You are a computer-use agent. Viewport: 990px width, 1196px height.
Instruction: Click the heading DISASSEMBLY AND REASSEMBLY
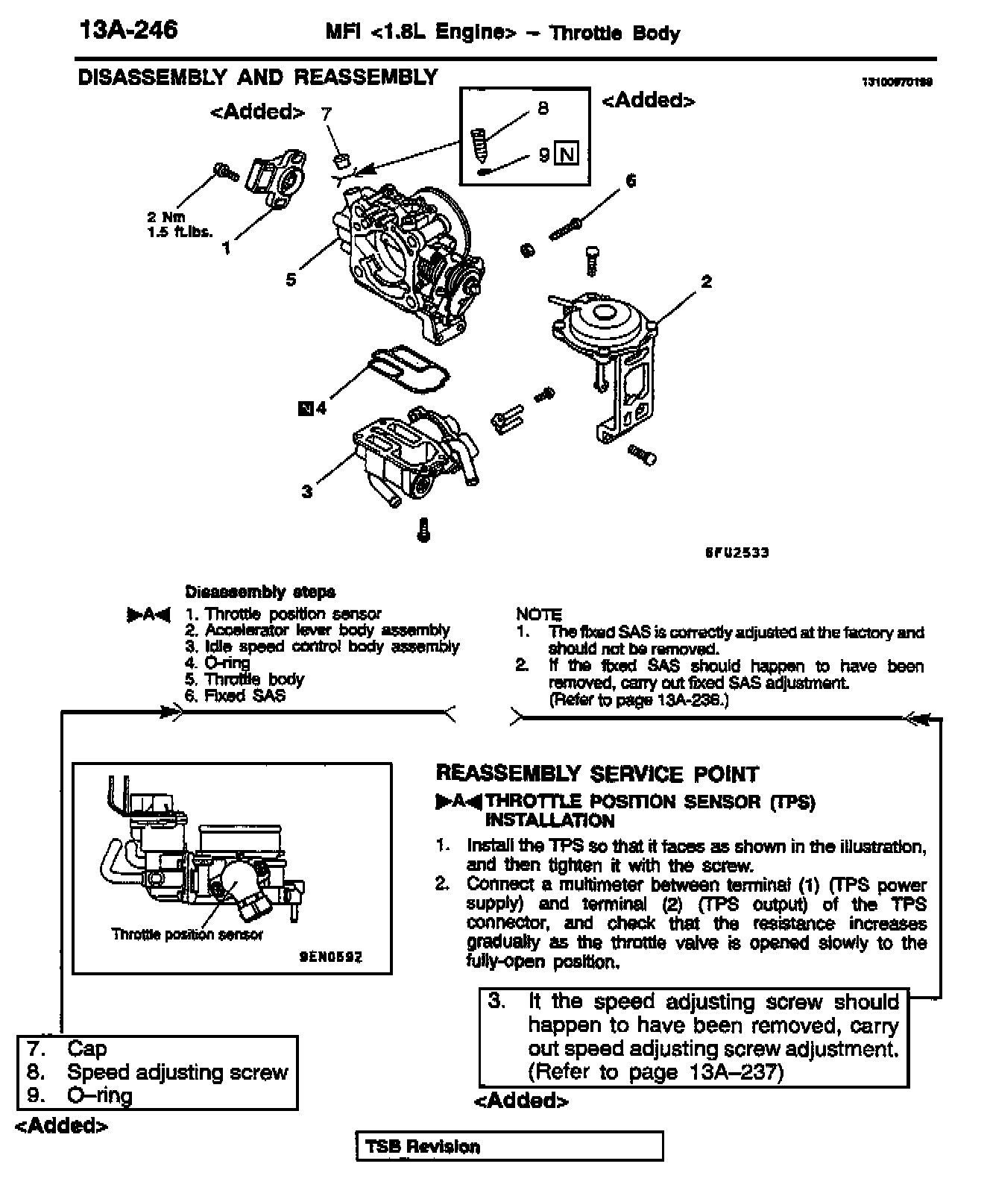[258, 78]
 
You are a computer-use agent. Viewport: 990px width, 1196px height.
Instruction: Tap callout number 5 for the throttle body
[291, 280]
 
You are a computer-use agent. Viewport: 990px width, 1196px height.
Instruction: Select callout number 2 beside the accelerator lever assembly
[706, 281]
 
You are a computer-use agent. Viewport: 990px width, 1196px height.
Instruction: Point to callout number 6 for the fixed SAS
[631, 181]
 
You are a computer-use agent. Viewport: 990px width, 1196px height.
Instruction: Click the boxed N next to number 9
[568, 154]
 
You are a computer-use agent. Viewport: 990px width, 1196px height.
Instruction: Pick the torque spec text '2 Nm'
[165, 217]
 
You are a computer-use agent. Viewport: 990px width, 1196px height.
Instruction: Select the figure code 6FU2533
[737, 553]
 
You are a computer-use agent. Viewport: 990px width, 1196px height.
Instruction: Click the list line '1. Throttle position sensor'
[283, 614]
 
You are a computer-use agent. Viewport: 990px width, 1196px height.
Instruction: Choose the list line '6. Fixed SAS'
[236, 696]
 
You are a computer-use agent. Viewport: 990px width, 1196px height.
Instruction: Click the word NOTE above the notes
[538, 614]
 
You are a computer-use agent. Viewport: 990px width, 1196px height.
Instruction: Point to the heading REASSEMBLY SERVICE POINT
[597, 774]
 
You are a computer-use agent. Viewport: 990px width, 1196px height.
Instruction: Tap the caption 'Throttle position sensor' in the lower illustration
[187, 934]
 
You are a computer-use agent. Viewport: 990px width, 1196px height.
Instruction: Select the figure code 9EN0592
[331, 955]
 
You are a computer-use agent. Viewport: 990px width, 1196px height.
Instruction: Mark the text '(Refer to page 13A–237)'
[656, 1072]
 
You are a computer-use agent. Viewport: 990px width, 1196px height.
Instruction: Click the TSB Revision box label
[423, 1147]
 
